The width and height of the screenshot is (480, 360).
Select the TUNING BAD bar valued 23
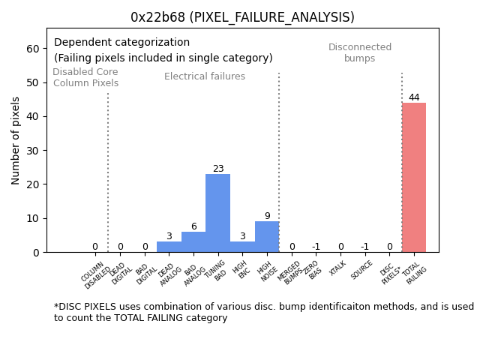217,213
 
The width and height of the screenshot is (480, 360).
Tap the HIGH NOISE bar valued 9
266,236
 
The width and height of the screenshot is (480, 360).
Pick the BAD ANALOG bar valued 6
193,241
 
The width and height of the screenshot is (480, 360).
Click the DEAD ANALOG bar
169,247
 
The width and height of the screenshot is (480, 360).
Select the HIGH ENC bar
242,247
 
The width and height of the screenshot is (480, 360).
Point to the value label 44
414,97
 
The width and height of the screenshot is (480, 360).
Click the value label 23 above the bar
218,169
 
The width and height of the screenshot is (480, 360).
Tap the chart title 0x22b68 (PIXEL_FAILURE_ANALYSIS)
242,17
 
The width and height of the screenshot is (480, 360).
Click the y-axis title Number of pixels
16,140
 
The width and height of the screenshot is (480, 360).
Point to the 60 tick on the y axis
33,49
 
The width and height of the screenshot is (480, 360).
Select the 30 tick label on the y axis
33,151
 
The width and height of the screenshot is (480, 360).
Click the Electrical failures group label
205,76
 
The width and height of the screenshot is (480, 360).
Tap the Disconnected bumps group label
360,53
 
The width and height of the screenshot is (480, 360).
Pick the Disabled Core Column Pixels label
85,78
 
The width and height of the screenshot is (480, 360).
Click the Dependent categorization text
121,43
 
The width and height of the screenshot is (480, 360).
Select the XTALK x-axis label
338,268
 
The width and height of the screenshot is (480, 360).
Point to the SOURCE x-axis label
362,270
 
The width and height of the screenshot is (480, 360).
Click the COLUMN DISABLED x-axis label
95,274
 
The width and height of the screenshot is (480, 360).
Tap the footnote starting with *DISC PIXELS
263,312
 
